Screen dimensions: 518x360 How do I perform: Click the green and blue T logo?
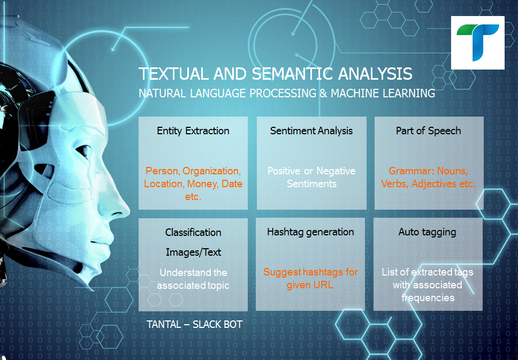(478, 43)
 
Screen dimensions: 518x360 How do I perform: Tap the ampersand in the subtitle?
(323, 94)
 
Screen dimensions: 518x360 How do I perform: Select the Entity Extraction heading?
(193, 131)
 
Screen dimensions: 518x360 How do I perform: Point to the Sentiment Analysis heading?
(311, 131)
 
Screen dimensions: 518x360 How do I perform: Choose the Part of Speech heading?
(429, 131)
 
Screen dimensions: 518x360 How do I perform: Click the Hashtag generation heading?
(310, 232)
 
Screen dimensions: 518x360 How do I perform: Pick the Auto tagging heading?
(427, 232)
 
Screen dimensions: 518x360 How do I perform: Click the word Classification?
(193, 233)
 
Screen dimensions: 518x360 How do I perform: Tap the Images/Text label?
(193, 252)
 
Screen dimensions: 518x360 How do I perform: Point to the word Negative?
(336, 171)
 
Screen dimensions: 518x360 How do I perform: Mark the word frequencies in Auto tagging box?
(428, 298)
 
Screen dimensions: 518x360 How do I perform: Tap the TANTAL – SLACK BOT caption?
(195, 325)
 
